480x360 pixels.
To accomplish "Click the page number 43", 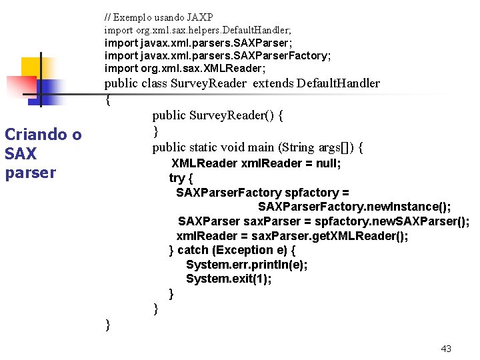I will tap(447, 349).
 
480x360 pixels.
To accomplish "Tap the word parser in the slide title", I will tap(30, 173).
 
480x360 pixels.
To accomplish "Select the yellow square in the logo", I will tap(33, 69).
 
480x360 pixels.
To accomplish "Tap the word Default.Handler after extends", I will tap(338, 83).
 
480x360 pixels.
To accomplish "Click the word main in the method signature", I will tap(259, 147).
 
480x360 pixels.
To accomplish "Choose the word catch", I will tap(193, 250).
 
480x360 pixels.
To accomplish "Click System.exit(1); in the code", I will tap(229, 279).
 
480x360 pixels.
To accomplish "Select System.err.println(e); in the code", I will tap(247, 265).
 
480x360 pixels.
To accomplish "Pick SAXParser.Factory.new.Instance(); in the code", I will tap(354, 207).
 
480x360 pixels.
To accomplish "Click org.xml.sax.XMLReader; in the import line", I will tap(203, 68).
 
